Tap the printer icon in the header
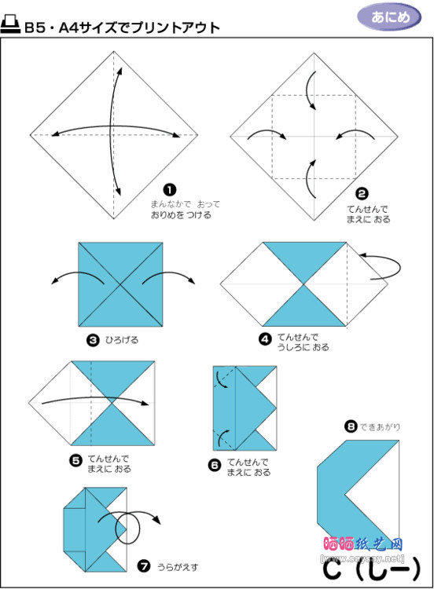point(10,27)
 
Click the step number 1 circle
point(168,189)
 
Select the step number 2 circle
point(362,193)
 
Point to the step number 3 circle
point(92,340)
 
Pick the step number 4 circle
point(264,341)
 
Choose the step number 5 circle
point(76,461)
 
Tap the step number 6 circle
point(215,465)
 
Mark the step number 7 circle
point(143,565)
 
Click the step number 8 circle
point(350,426)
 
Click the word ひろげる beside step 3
point(121,340)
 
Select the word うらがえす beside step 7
point(175,565)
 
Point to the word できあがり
point(381,427)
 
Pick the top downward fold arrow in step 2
point(312,91)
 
